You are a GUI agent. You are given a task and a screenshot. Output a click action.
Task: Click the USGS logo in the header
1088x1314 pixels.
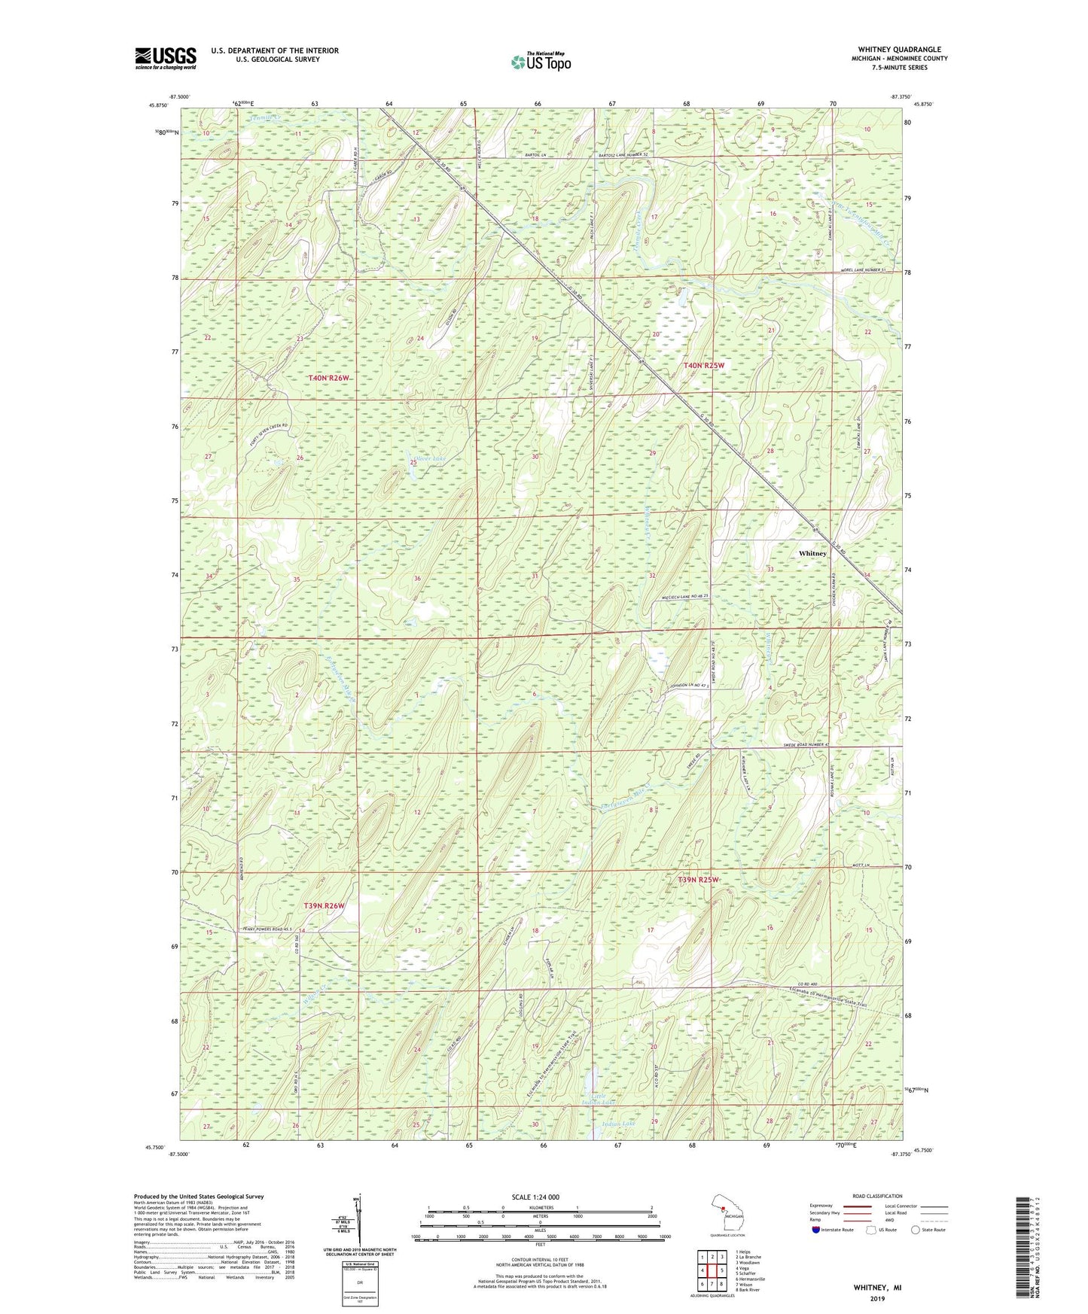point(166,58)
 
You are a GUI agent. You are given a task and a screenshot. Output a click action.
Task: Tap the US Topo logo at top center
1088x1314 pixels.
point(541,62)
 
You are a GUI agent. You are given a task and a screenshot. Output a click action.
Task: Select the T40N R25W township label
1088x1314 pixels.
point(703,365)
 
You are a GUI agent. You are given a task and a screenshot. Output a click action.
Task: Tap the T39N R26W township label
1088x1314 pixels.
point(324,905)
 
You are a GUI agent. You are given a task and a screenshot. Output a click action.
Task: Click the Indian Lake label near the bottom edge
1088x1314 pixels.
point(619,1124)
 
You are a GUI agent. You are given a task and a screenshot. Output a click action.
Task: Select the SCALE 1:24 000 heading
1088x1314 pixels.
point(535,1197)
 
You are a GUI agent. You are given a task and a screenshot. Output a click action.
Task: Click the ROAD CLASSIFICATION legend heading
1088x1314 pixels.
point(877,1196)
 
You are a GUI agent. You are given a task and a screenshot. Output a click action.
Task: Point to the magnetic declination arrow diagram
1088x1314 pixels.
point(359,1221)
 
